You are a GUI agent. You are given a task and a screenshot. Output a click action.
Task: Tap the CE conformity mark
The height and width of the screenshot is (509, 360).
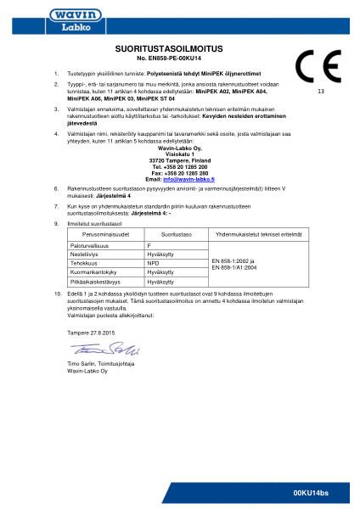pos(318,65)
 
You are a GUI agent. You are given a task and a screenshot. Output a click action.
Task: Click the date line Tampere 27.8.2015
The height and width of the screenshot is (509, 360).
pos(89,333)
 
